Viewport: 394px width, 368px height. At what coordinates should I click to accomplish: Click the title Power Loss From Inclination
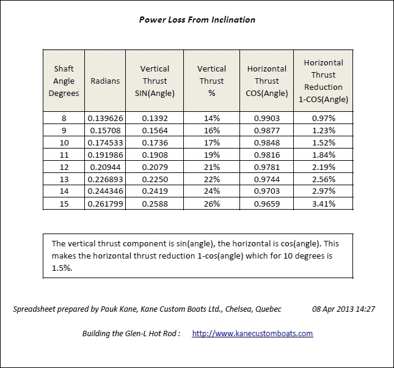[197, 20]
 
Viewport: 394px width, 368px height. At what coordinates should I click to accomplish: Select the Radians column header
[104, 80]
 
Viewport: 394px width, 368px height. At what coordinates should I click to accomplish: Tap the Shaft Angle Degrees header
[64, 80]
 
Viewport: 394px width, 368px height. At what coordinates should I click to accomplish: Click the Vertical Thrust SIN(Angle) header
[155, 80]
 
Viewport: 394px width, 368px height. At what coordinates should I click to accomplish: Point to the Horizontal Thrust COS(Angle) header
[266, 80]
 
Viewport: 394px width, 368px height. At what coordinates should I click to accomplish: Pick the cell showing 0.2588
[155, 204]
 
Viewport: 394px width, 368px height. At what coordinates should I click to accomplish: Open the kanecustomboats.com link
[252, 333]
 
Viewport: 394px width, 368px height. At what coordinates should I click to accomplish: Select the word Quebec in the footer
[268, 309]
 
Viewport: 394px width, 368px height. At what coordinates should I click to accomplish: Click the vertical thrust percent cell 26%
[211, 204]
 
